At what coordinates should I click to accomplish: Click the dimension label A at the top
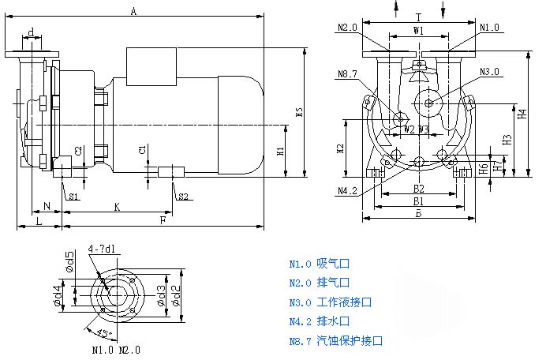point(134,11)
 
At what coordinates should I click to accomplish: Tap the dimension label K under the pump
point(117,207)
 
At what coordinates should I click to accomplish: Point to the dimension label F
point(163,220)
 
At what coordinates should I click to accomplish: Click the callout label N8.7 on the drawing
point(348,75)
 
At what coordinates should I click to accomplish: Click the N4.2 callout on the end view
point(348,191)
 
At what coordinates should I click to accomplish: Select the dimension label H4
point(522,114)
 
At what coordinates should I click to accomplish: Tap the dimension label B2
point(419,189)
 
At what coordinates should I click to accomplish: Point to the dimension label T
point(419,16)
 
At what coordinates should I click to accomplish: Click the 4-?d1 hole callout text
point(103,249)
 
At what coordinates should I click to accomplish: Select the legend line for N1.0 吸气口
point(319,264)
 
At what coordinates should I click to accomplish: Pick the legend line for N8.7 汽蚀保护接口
point(335,341)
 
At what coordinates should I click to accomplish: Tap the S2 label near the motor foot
point(182,196)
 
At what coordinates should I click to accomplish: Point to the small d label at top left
point(31,33)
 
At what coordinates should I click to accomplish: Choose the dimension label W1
point(419,30)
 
